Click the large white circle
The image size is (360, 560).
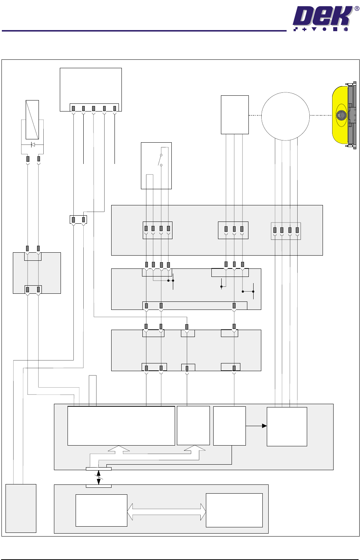pos(285,116)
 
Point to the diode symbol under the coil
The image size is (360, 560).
pos(33,144)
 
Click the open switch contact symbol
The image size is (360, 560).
pos(160,160)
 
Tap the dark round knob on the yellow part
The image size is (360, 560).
pos(341,115)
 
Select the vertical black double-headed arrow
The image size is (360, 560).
pos(98,477)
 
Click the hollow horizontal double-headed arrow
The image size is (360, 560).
pos(167,512)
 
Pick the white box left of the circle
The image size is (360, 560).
pos(234,115)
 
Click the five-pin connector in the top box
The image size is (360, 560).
pos(94,108)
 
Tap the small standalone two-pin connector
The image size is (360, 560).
pos(78,219)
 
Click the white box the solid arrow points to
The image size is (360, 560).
pos(287,427)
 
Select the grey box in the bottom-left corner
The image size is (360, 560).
pos(21,508)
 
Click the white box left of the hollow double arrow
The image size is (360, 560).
pos(101,510)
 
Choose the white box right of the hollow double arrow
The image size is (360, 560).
pos(234,510)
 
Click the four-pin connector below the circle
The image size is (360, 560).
pos(286,231)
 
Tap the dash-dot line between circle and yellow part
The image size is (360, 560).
pos(321,115)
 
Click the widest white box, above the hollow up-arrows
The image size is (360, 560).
pos(121,426)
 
